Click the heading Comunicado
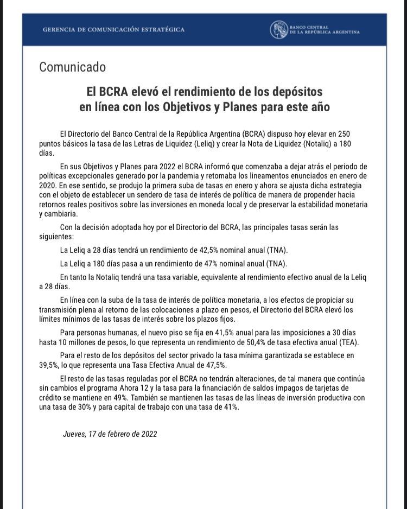pos(72,67)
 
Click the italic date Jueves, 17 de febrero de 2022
pos(110,434)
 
